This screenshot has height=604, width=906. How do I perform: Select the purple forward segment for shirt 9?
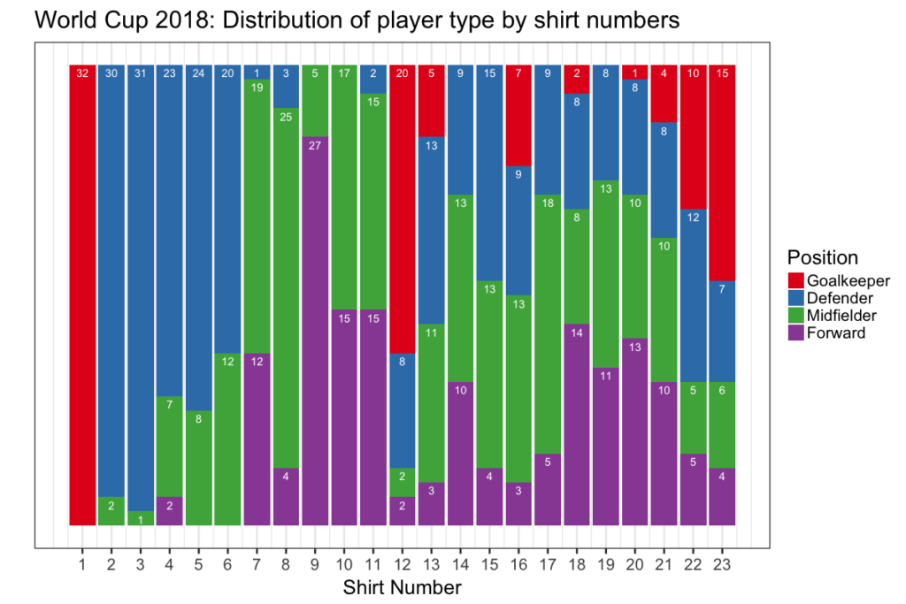pyautogui.click(x=315, y=332)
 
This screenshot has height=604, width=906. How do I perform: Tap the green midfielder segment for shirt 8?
pyautogui.click(x=286, y=292)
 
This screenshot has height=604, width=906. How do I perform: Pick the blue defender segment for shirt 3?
pyautogui.click(x=141, y=287)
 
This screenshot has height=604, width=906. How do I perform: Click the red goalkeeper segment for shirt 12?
pyautogui.click(x=402, y=208)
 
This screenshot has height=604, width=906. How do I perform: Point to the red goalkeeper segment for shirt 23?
pyautogui.click(x=721, y=172)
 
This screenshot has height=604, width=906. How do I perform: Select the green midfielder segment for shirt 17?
pyautogui.click(x=547, y=324)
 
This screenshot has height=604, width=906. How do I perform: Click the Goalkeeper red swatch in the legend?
pyautogui.click(x=796, y=280)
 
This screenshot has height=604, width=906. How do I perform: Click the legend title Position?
pyautogui.click(x=822, y=257)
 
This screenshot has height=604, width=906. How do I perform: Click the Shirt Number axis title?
pyautogui.click(x=402, y=586)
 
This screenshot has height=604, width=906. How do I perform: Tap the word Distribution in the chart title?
pyautogui.click(x=280, y=20)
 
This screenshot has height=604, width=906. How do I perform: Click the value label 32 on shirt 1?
pyautogui.click(x=82, y=73)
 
